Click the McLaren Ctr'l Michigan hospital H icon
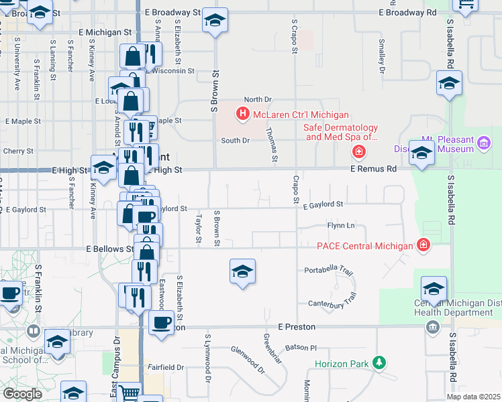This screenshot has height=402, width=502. pyautogui.click(x=243, y=115)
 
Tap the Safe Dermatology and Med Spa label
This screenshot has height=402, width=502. pyautogui.click(x=340, y=132)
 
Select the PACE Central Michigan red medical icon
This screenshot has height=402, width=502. pyautogui.click(x=423, y=245)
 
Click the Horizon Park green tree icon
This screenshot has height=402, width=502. pyautogui.click(x=380, y=363)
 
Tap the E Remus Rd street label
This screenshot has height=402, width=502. pyautogui.click(x=373, y=170)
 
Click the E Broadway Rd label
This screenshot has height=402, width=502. pyautogui.click(x=407, y=13)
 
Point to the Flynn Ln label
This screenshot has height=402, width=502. pyautogui.click(x=340, y=226)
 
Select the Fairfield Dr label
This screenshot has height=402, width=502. pyautogui.click(x=166, y=367)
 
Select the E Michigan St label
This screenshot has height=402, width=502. pyautogui.click(x=109, y=32)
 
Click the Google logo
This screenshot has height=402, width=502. pyautogui.click(x=22, y=394)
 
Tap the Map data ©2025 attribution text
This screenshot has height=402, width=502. pyautogui.click(x=473, y=397)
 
